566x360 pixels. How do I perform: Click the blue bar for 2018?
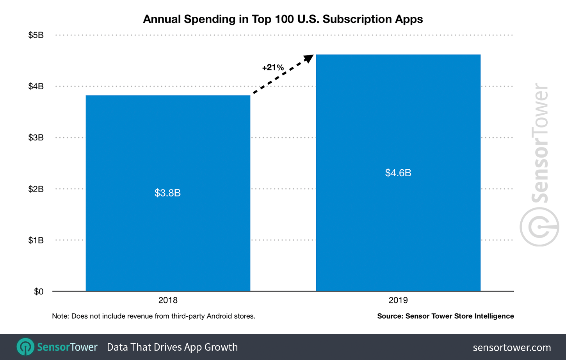[168, 234]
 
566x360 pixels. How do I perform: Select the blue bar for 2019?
[398, 234]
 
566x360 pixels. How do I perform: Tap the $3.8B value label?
[167, 193]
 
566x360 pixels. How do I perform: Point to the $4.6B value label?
[398, 173]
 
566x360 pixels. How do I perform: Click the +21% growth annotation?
[273, 67]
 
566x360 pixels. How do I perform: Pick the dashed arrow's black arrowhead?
[309, 59]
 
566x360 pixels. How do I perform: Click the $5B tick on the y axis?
[36, 35]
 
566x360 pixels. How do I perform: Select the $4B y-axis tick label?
[36, 86]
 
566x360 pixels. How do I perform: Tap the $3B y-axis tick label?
[36, 137]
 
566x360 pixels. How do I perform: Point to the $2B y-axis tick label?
[36, 189]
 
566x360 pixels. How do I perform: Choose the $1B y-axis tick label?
[36, 240]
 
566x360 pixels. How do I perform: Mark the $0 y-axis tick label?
[39, 291]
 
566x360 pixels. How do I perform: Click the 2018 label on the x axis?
[168, 300]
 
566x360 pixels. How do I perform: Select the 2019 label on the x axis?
[398, 300]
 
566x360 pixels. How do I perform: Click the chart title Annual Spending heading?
[283, 19]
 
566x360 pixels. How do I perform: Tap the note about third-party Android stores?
[153, 316]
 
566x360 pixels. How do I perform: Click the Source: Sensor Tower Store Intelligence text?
[445, 316]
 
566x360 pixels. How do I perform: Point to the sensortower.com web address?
[512, 347]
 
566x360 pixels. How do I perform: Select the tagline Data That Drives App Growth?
[172, 347]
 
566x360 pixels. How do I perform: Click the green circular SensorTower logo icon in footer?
[26, 347]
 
